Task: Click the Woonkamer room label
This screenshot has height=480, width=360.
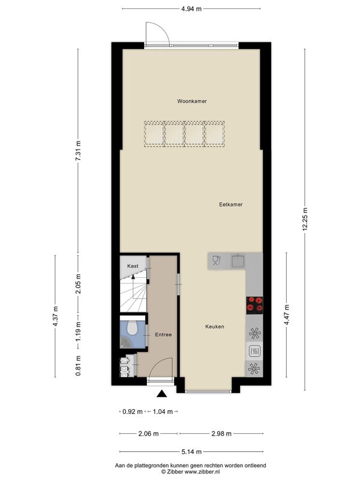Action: click(191, 101)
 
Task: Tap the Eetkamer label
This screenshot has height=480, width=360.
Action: click(231, 204)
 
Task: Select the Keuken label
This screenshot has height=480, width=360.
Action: click(215, 326)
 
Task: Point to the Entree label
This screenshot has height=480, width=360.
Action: click(163, 335)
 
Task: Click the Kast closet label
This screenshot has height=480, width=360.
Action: click(133, 266)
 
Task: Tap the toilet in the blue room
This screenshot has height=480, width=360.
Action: click(133, 327)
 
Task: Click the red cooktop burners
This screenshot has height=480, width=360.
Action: click(254, 305)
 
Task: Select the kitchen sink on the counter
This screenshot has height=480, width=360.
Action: click(238, 260)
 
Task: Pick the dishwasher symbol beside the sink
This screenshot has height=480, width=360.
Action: click(217, 260)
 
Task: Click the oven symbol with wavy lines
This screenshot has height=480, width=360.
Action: click(254, 351)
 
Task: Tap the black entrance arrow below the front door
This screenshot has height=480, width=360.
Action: click(161, 394)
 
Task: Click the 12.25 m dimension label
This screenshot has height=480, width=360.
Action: click(305, 219)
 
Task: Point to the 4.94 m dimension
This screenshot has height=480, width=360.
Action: click(191, 9)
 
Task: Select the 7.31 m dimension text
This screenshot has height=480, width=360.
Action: click(78, 151)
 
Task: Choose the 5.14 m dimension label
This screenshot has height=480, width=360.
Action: click(191, 452)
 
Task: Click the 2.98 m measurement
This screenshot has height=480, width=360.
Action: click(221, 433)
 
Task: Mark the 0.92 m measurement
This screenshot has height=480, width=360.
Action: click(132, 412)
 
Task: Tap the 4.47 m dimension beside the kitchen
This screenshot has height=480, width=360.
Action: click(287, 314)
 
